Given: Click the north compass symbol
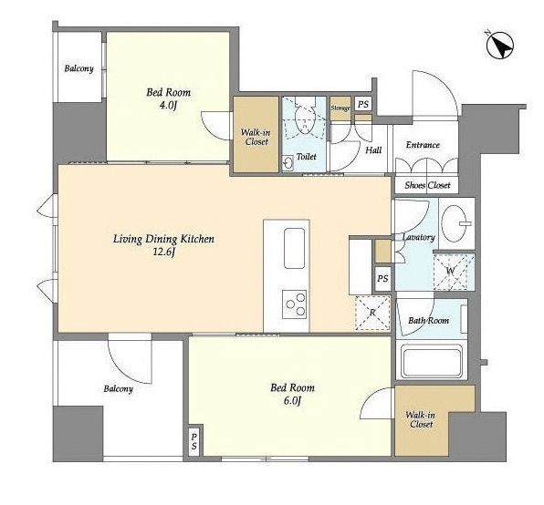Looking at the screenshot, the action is (499, 45).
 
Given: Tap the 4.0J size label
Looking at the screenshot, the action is (168, 105).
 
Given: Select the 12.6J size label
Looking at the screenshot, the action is (163, 252).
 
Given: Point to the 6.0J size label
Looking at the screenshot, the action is (292, 400).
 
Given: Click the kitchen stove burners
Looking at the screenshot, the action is (294, 304).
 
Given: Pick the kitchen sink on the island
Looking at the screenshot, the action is (294, 248).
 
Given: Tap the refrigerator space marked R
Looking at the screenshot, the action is (372, 313).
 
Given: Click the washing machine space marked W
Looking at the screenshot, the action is (454, 272).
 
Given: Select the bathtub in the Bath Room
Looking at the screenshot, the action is (431, 363).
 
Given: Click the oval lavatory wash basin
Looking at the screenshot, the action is (455, 223).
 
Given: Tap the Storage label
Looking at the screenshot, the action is (340, 108).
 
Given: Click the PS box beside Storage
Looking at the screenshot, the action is (363, 104).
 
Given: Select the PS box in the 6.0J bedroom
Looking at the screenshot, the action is (194, 441).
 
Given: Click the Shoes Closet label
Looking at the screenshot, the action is (427, 185).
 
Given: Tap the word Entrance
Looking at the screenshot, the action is (423, 145).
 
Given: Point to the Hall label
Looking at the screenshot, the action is (373, 150).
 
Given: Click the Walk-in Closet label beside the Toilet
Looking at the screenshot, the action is (256, 137).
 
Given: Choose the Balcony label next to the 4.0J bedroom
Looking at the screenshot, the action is (78, 68).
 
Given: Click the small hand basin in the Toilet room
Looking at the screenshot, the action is (288, 163).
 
